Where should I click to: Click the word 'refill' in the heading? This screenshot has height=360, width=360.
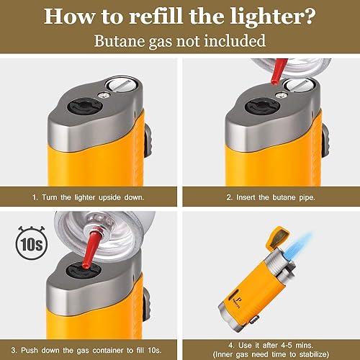coord(156,16)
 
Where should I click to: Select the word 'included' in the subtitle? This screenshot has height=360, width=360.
coord(235,40)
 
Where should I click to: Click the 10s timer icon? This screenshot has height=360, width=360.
coord(32,243)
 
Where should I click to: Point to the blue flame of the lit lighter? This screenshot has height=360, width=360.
coord(297,246)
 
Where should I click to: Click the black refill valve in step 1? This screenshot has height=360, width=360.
coord(80,106)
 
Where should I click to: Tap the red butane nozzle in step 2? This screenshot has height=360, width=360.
coord(278,71)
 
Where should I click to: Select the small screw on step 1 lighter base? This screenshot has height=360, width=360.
coord(104,96)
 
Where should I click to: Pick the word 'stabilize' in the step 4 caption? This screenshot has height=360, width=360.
coord(312,354)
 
